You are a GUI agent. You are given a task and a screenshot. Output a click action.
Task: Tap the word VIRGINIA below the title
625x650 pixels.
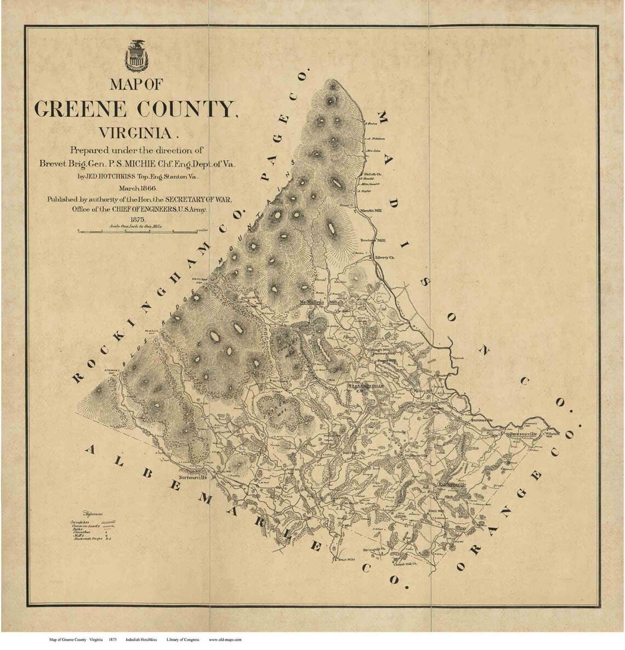137,132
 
